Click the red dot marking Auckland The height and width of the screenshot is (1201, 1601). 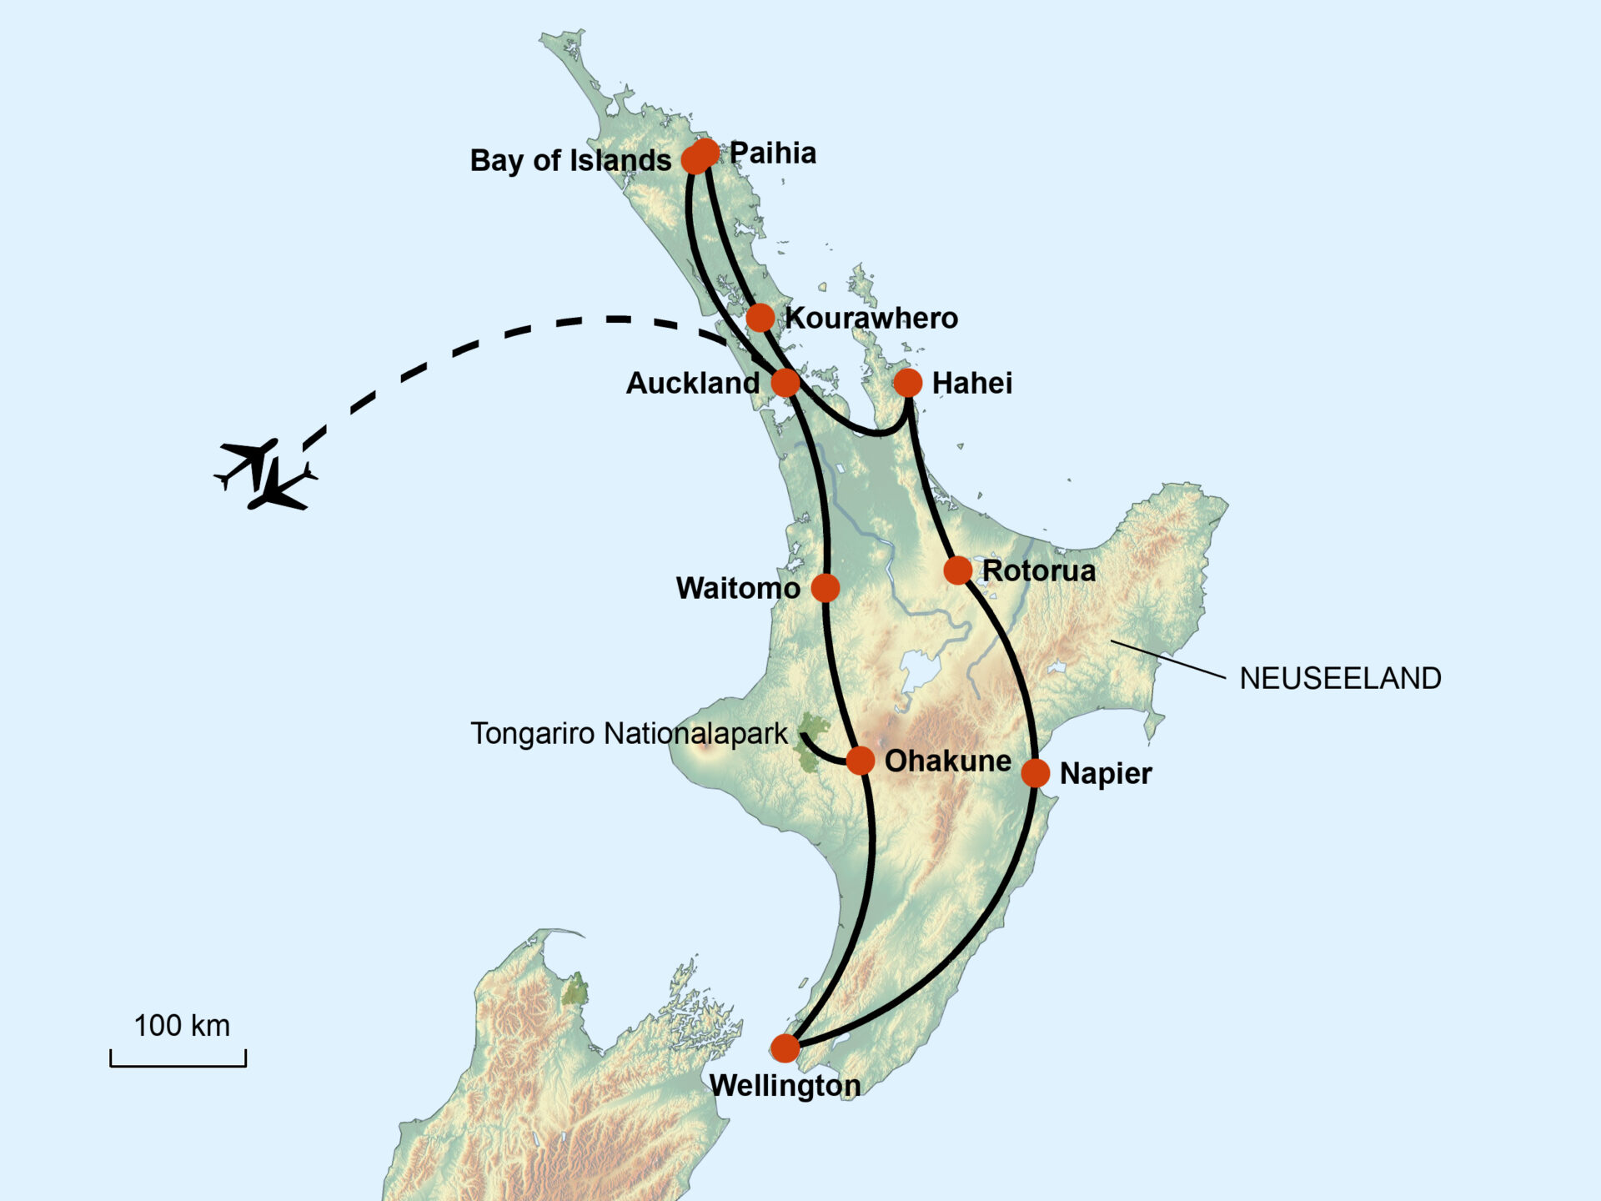click(x=785, y=383)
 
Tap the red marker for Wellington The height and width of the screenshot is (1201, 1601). click(x=785, y=1048)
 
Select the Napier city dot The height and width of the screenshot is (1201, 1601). click(x=1035, y=773)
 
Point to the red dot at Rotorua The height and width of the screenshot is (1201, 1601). click(x=958, y=570)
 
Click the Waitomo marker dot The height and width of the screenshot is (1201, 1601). click(x=826, y=587)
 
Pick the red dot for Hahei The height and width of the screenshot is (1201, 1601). click(x=908, y=383)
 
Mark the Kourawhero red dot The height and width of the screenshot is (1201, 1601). click(x=760, y=317)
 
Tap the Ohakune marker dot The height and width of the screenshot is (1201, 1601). click(x=861, y=760)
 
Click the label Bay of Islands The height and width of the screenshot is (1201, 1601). click(x=570, y=160)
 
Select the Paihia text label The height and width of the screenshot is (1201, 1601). click(x=773, y=153)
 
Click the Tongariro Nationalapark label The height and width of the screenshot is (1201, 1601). click(x=629, y=734)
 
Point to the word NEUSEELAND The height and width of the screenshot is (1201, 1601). click(x=1340, y=678)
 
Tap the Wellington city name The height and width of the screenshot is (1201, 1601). click(x=785, y=1086)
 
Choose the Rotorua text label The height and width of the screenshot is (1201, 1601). click(x=1039, y=571)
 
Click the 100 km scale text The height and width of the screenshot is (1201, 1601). click(x=182, y=1026)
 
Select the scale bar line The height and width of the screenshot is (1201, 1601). click(x=178, y=1064)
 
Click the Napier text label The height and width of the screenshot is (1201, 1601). click(x=1106, y=774)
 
